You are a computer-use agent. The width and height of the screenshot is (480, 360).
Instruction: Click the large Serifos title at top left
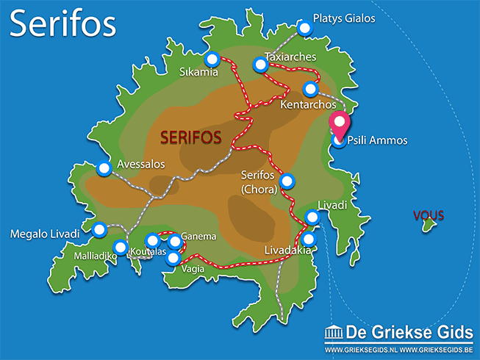(63, 24)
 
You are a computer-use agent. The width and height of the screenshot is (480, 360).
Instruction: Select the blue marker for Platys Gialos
(305, 27)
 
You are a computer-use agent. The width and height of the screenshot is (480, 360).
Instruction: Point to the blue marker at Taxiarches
(259, 65)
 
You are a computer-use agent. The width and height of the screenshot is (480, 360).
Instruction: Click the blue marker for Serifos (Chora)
(287, 180)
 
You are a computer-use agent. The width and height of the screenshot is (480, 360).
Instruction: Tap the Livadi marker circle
(312, 217)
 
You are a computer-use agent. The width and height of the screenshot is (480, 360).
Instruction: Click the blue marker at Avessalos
(104, 169)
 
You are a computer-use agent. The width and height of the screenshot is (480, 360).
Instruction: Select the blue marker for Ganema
(175, 241)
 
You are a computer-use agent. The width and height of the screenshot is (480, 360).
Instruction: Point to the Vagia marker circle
(173, 257)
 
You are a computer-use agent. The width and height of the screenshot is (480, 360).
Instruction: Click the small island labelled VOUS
(426, 228)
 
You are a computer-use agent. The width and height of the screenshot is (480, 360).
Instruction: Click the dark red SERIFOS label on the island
(191, 137)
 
